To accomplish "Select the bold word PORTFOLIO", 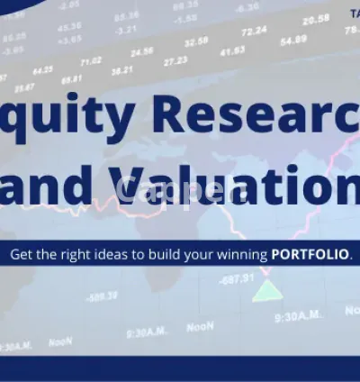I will click(310, 254).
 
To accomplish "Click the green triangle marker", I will click(264, 291).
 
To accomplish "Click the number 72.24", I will click(255, 31).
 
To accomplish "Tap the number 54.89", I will click(293, 41).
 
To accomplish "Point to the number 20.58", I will click(315, 19).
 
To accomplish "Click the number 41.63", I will click(232, 51).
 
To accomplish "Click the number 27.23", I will click(175, 60).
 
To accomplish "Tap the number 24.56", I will click(142, 51).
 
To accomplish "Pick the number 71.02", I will click(91, 61).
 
